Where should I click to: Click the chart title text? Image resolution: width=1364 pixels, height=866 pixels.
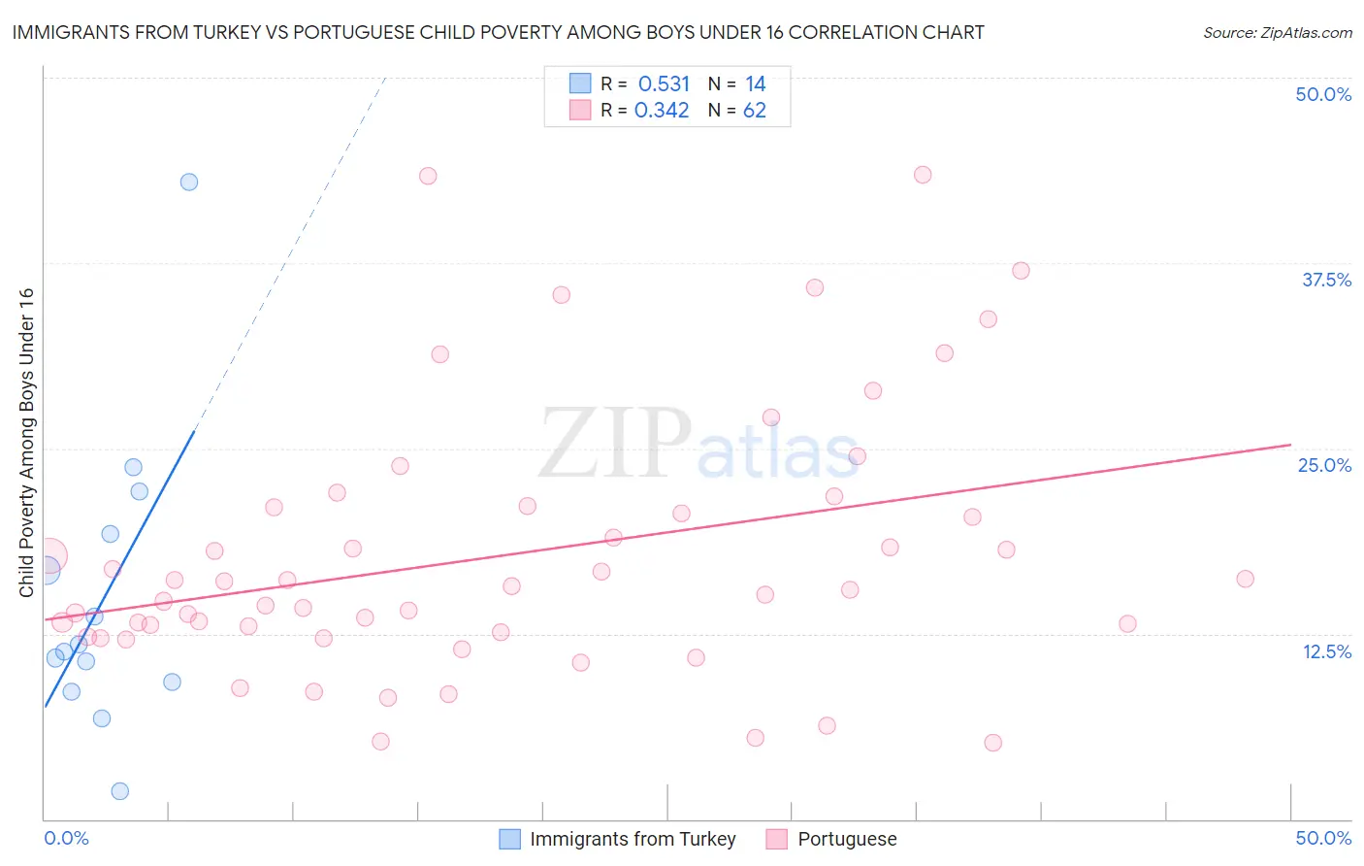498,32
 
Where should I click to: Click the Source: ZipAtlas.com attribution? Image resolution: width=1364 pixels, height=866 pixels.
1277,32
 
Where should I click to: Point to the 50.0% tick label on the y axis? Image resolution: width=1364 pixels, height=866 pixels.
1323,94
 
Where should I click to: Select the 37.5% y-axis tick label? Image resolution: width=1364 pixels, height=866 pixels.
1326,280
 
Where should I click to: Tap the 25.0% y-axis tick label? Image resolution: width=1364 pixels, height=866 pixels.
1324,465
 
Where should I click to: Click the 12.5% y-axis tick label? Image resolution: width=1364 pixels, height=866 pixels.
1326,651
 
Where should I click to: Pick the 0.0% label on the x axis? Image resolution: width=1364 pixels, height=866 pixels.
67,838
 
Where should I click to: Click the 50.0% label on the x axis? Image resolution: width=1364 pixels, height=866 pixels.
1323,838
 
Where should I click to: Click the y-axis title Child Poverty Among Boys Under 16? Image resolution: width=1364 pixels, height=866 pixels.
27,443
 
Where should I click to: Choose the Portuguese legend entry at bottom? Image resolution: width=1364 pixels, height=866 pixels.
847,839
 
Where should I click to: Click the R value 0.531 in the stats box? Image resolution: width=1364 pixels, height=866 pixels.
664,84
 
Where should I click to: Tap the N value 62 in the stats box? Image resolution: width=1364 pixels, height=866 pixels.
754,111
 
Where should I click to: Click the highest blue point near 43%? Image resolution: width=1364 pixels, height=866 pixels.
189,182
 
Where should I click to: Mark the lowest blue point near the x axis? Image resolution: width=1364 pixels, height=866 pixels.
120,791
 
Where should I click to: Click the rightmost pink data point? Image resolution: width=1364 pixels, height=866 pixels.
1245,579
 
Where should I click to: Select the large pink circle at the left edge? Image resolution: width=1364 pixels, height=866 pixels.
47,556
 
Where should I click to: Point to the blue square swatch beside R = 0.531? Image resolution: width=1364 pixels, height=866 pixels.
580,83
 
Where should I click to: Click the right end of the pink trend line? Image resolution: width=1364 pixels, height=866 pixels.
1289,445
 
